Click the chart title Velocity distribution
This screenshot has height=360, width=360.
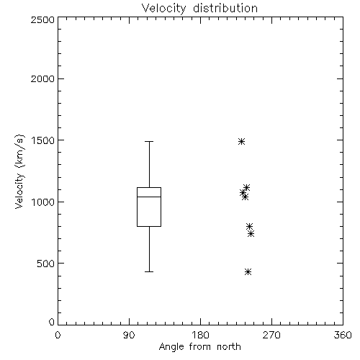click(199, 9)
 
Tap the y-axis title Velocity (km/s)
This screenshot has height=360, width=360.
click(19, 171)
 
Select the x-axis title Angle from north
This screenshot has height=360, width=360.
click(199, 347)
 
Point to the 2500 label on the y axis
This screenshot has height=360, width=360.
click(42, 19)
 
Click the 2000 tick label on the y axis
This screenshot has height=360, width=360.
click(42, 78)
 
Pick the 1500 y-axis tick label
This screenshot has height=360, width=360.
click(43, 140)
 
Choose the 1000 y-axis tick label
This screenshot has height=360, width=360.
click(43, 202)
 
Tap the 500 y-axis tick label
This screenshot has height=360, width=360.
click(46, 264)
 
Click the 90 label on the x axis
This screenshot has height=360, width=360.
click(129, 335)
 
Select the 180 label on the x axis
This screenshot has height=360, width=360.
click(200, 335)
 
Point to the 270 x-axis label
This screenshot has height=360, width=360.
click(271, 335)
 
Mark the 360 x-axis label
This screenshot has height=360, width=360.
click(343, 335)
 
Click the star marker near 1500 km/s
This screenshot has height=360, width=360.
click(241, 141)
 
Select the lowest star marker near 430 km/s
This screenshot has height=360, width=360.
click(248, 271)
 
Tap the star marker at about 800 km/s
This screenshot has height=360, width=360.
click(249, 226)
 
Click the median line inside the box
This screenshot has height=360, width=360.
click(149, 197)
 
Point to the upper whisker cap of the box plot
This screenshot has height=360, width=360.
click(149, 142)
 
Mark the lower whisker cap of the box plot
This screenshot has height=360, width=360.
click(149, 271)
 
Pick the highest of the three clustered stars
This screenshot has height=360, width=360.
click(246, 187)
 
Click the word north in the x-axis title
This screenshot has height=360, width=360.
click(229, 347)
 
